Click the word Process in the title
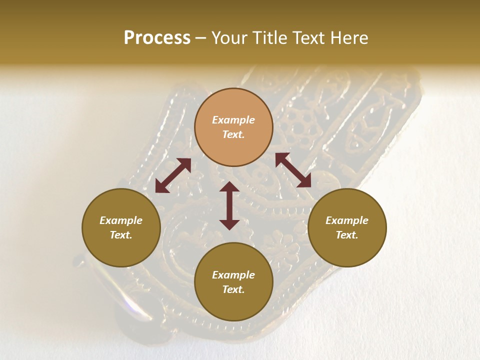[x=157, y=38]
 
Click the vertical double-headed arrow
[x=229, y=205]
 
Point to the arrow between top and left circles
[x=173, y=175]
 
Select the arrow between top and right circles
[x=293, y=170]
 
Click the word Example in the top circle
[x=233, y=120]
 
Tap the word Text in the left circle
[x=121, y=235]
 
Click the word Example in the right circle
[x=347, y=220]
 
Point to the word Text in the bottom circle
[x=233, y=289]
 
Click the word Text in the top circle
[x=233, y=134]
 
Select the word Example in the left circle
[x=121, y=220]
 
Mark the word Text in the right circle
[x=347, y=235]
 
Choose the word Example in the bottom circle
[x=233, y=275]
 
